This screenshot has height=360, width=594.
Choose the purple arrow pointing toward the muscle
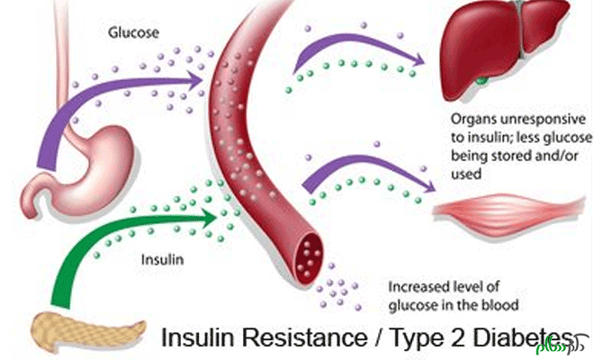tap(360, 166)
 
